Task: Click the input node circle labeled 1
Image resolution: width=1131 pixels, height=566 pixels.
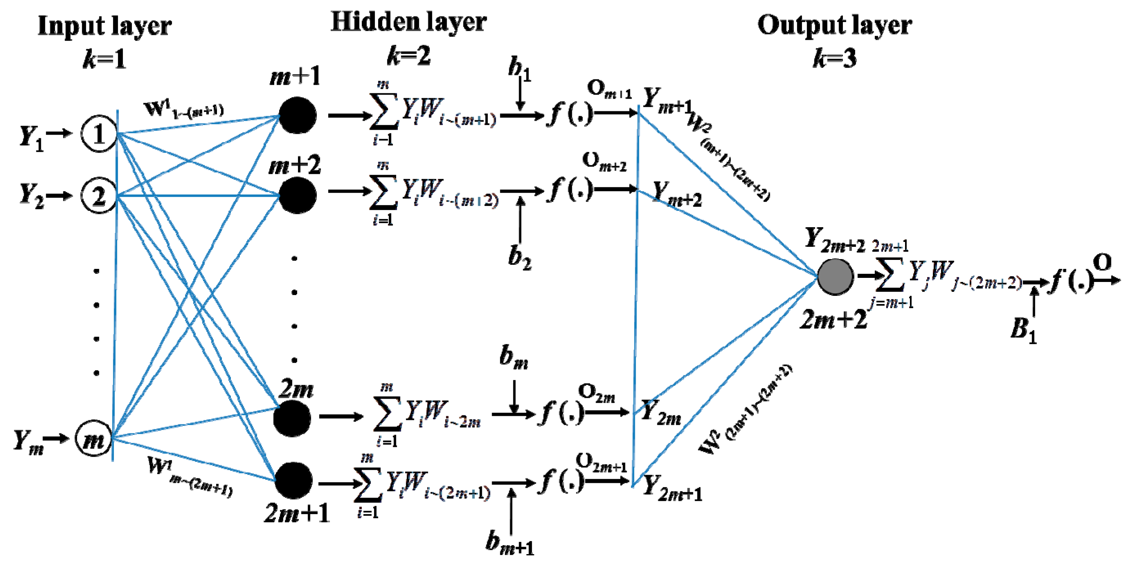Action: (x=99, y=134)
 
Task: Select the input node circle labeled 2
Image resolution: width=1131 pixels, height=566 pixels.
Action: (x=99, y=196)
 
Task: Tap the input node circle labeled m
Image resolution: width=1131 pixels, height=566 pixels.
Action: (x=94, y=439)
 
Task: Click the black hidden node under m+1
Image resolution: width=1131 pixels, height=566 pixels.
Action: (x=297, y=115)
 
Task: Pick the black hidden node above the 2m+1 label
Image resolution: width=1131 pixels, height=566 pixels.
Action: (x=293, y=480)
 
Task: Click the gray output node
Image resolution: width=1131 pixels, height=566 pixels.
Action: (x=835, y=277)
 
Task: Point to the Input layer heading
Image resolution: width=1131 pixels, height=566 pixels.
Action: (x=104, y=25)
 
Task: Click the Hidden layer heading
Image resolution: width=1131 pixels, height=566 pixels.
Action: (x=409, y=22)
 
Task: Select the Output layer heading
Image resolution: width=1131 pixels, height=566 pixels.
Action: (x=834, y=25)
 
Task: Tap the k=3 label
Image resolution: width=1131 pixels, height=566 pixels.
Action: (x=834, y=58)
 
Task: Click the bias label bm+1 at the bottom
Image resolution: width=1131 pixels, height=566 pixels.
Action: (x=509, y=543)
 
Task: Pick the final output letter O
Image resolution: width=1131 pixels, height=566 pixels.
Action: (x=1102, y=263)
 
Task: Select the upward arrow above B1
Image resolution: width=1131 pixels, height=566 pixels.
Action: (x=1034, y=301)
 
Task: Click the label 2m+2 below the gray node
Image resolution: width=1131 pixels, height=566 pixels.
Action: (x=833, y=319)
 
